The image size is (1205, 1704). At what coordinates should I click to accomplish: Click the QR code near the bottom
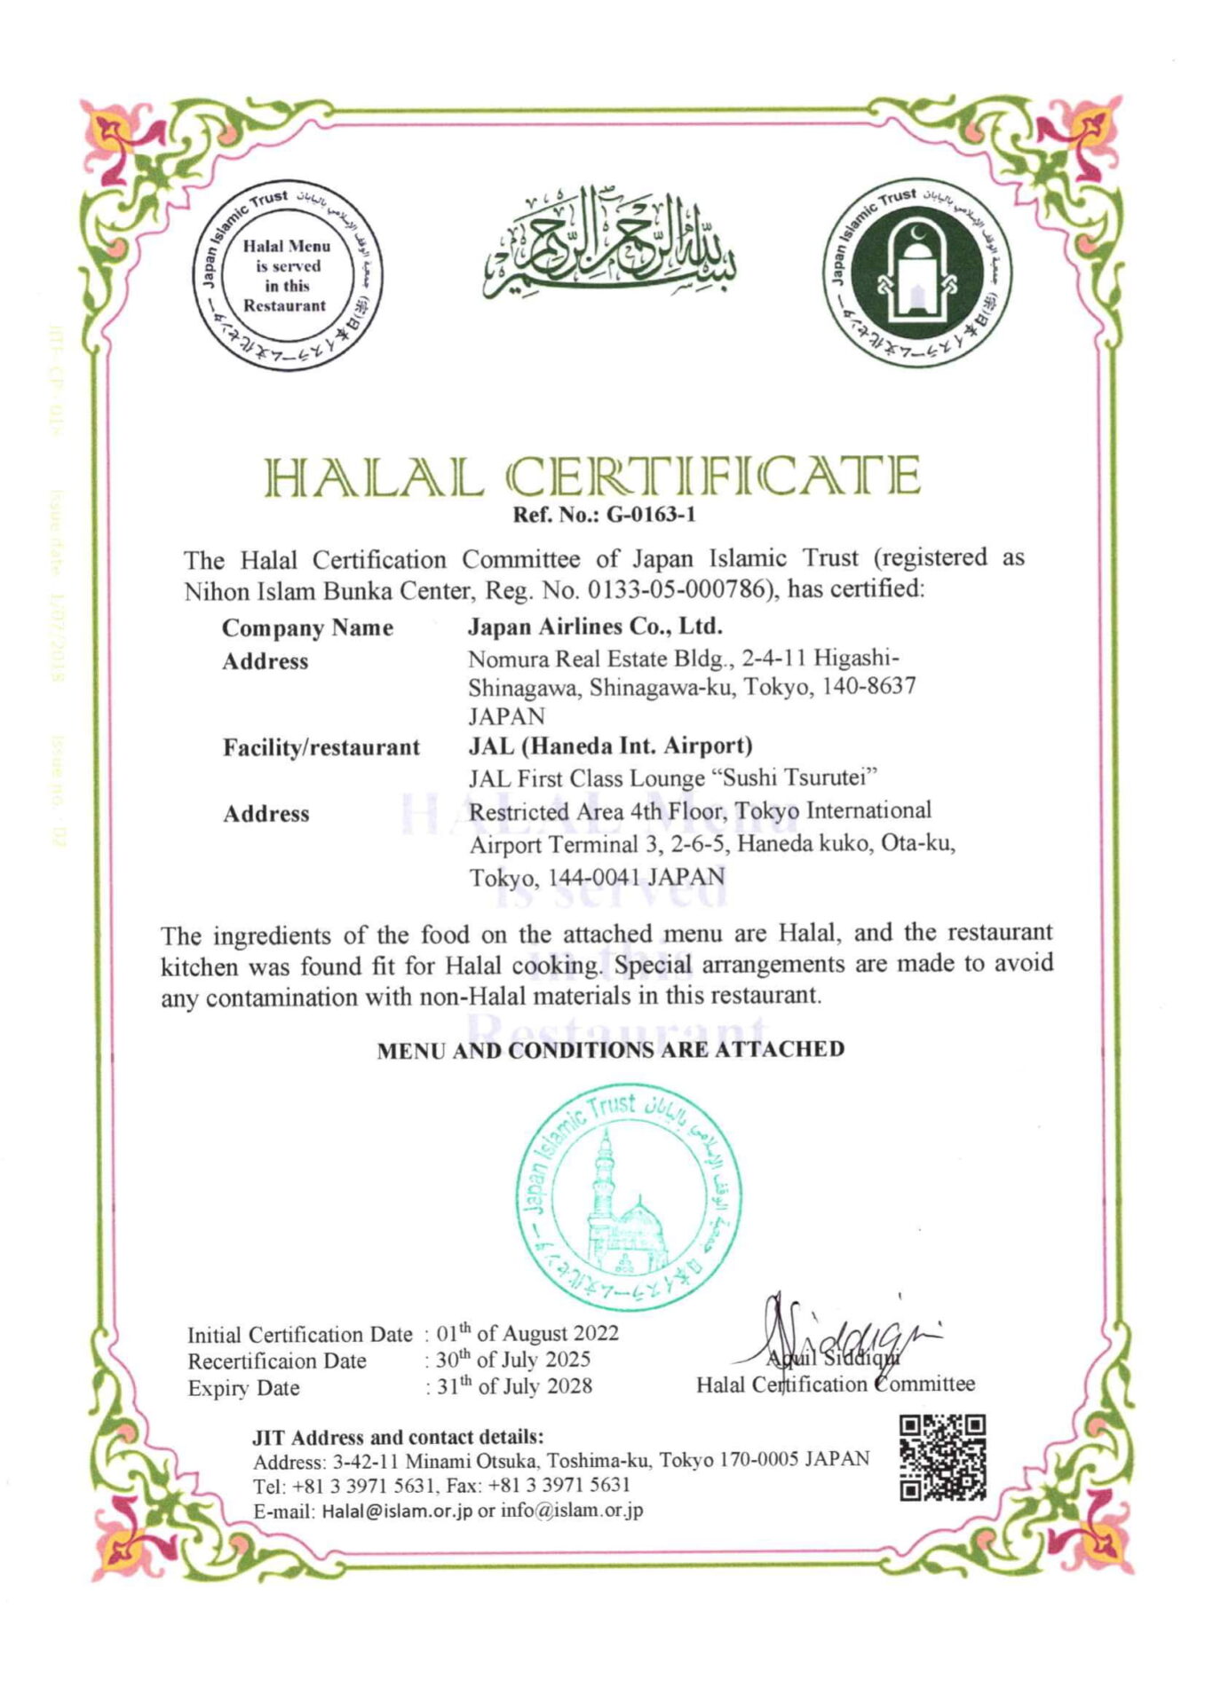pos(942,1457)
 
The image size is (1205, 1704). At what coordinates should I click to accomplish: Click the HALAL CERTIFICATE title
pos(592,477)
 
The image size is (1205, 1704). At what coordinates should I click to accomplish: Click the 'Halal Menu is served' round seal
pos(287,276)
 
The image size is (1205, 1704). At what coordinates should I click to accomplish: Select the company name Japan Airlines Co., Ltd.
pos(595,627)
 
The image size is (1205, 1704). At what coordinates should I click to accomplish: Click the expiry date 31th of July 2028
pos(514,1386)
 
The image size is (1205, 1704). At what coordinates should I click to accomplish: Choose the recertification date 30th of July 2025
pos(513,1360)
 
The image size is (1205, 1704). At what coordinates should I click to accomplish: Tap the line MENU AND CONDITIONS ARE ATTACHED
pos(610,1050)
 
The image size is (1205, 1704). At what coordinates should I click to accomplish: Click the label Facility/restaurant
pos(321,747)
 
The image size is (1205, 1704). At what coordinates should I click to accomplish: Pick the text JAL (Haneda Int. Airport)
pos(610,745)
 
